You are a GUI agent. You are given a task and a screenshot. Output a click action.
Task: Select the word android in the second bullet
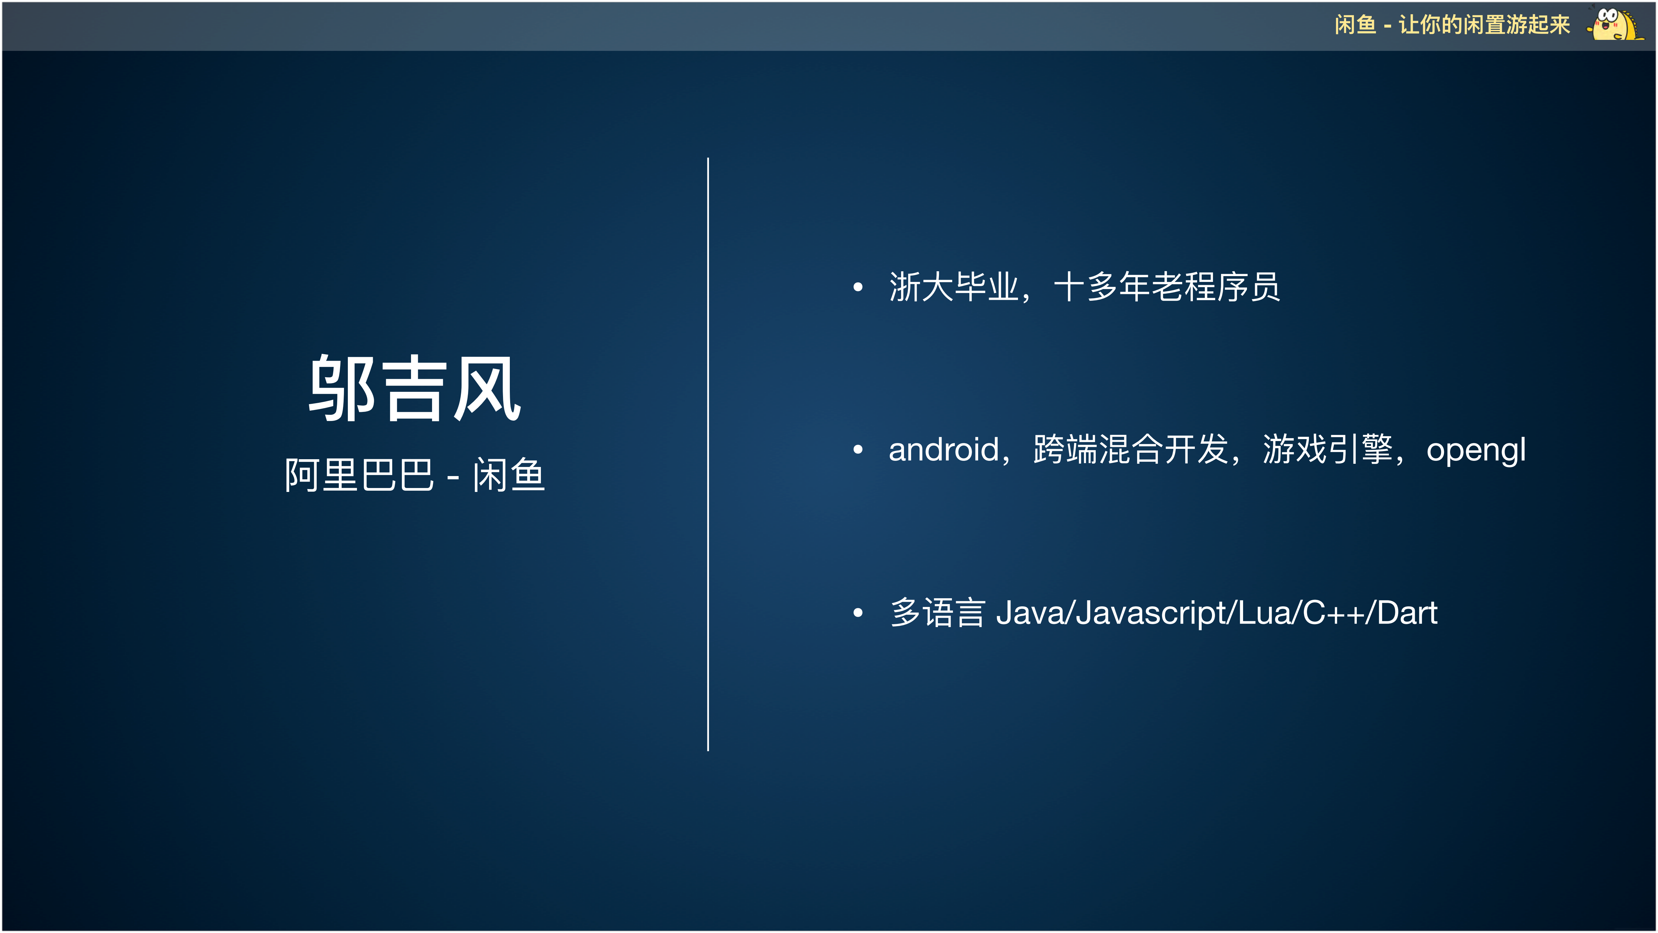[943, 449]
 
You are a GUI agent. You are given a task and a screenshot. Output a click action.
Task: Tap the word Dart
[1407, 612]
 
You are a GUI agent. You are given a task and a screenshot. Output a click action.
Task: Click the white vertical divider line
[708, 454]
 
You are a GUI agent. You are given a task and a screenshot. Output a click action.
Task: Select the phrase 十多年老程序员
[1166, 287]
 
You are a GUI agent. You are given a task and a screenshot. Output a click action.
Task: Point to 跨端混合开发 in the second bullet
[1130, 449]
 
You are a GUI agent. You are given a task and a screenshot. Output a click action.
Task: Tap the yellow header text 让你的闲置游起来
[1484, 25]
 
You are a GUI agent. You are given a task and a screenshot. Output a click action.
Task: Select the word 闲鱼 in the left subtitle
[509, 475]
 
